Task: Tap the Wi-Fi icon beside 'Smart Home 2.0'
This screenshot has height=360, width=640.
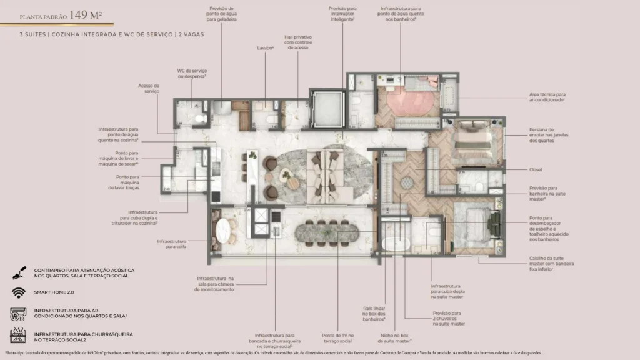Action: coord(17,292)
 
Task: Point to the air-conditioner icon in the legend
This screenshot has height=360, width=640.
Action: coord(17,314)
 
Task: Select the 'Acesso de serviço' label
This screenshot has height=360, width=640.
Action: coord(149,88)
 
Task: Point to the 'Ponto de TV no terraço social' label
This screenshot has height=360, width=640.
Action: coord(337,338)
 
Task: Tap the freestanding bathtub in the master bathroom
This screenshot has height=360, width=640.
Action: coord(394,244)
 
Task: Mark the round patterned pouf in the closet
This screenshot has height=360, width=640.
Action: coord(407,182)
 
